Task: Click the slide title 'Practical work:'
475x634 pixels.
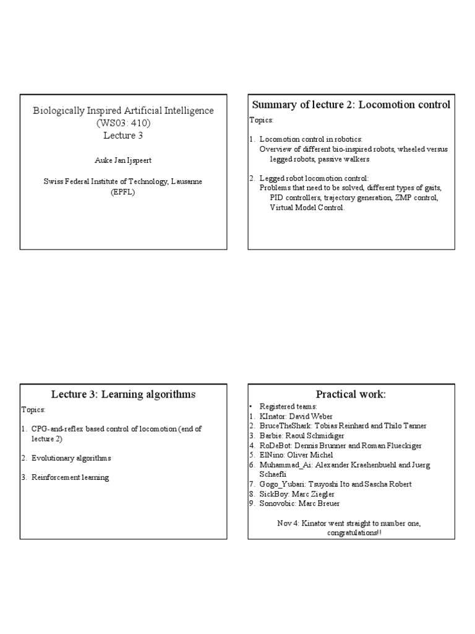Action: click(350, 394)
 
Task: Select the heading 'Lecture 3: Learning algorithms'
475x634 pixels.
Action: click(123, 394)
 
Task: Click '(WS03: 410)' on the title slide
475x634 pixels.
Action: click(123, 123)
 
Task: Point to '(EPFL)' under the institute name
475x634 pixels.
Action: click(123, 192)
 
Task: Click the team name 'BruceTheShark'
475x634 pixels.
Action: click(286, 426)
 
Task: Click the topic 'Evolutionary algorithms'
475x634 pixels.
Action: click(72, 458)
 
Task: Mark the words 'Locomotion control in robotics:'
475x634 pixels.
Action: click(310, 140)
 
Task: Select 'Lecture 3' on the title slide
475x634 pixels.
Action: click(123, 135)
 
